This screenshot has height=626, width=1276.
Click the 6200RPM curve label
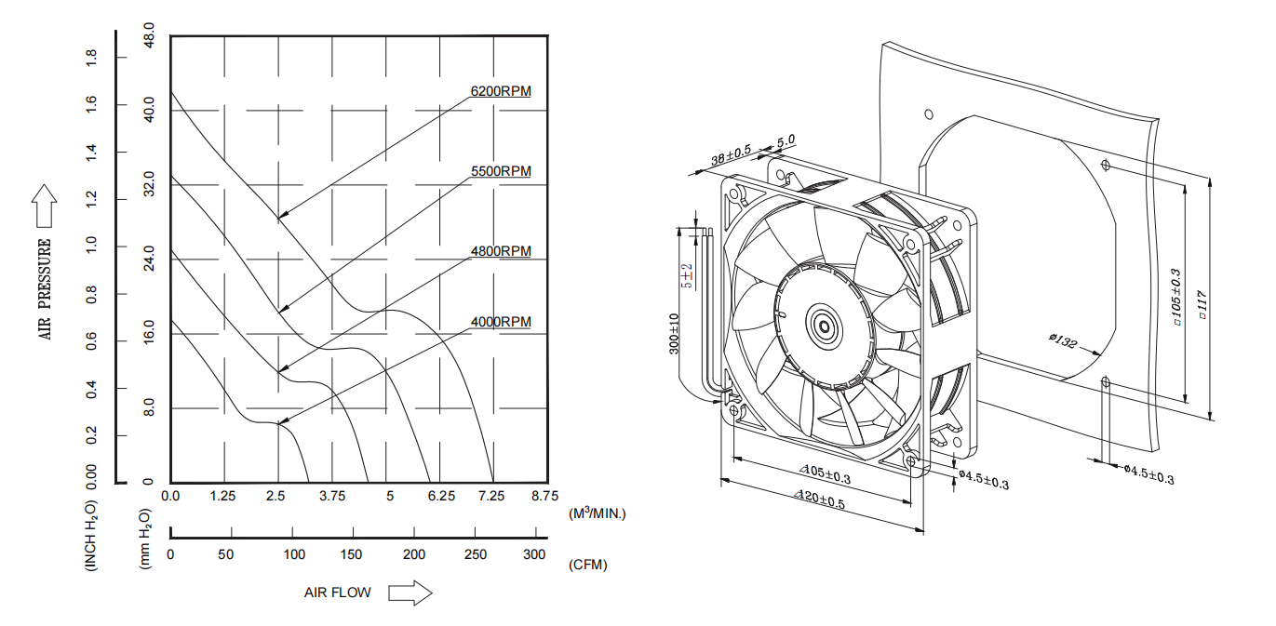501,91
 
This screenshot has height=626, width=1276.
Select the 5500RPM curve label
501,171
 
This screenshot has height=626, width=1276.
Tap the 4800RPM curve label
501,251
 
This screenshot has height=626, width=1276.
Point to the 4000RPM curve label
501,322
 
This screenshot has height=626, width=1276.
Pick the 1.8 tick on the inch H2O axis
91,58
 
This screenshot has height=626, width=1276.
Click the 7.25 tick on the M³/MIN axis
491,497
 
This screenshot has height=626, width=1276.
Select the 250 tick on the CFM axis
475,554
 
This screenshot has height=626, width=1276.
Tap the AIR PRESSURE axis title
45,289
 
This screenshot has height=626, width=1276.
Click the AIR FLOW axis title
337,593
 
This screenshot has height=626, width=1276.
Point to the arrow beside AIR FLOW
410,593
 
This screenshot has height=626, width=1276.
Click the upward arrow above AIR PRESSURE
44,206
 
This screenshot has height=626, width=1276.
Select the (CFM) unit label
586,565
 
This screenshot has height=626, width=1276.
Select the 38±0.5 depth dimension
731,156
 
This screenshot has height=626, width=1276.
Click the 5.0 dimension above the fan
786,141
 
